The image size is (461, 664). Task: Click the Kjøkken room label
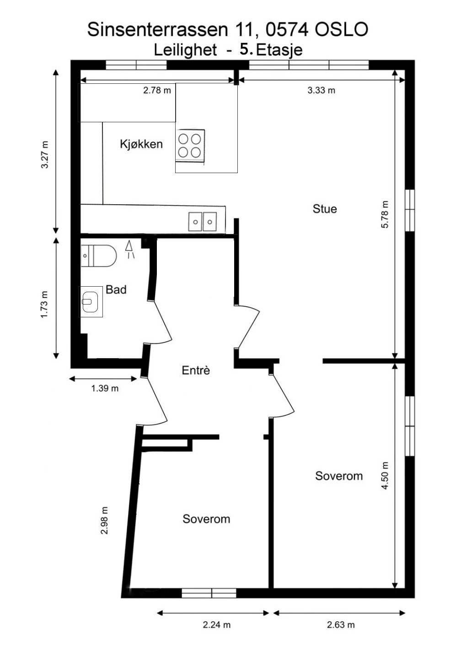tap(141, 144)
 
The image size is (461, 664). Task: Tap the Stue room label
tap(325, 209)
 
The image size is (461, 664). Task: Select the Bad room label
tap(116, 289)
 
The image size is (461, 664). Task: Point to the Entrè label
tap(196, 370)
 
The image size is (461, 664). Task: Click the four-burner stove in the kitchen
tap(190, 145)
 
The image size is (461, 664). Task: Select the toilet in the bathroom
tap(98, 256)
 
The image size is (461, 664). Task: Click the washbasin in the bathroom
tap(91, 301)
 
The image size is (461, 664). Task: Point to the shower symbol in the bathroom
tap(130, 250)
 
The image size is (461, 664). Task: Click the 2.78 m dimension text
tap(157, 90)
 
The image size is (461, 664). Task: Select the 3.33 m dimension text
tap(321, 90)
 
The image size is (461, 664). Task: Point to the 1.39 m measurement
tap(105, 388)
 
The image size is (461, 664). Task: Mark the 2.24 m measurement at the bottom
tap(217, 625)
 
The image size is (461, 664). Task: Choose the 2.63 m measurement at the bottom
tap(341, 625)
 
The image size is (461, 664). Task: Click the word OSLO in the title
tap(341, 30)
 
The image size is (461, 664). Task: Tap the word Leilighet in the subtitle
tap(185, 49)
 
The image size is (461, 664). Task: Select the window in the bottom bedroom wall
tap(209, 593)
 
